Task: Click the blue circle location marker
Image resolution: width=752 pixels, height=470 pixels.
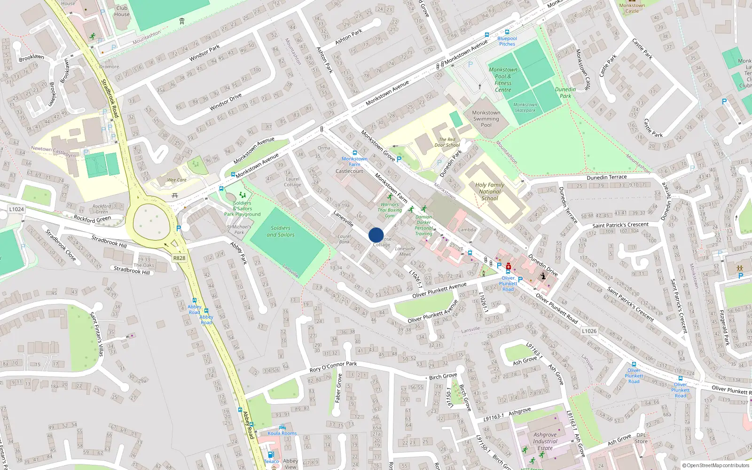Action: [x=376, y=235]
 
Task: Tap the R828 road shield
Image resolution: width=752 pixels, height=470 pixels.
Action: [x=179, y=258]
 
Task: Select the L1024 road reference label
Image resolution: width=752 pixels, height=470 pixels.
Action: [x=16, y=209]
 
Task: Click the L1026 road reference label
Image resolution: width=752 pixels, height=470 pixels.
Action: [x=589, y=331]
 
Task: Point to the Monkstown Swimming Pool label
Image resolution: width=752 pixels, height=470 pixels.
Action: [x=486, y=119]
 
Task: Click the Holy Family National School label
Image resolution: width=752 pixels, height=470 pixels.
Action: [x=490, y=191]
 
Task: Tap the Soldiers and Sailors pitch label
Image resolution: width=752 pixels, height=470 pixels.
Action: [x=281, y=231]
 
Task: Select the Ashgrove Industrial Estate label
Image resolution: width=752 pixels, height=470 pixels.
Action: [x=545, y=441]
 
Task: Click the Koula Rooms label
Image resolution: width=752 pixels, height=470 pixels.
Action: [x=282, y=433]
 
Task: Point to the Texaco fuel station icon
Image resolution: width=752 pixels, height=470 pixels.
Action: [x=271, y=454]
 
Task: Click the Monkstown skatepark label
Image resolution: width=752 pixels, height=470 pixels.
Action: [x=525, y=108]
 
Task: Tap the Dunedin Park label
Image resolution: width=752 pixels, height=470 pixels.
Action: [x=565, y=93]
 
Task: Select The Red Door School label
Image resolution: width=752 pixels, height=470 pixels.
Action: [x=447, y=142]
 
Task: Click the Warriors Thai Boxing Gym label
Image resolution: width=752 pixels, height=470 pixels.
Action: [x=390, y=210]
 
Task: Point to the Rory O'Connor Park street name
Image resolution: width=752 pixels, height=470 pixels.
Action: [x=333, y=367]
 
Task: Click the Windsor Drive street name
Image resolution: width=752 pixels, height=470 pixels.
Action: [x=226, y=102]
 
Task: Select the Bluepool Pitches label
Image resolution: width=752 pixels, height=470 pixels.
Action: [x=507, y=41]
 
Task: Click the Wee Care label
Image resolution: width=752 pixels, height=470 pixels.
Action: [x=177, y=180]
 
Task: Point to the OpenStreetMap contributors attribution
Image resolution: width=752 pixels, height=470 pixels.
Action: [x=716, y=465]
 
